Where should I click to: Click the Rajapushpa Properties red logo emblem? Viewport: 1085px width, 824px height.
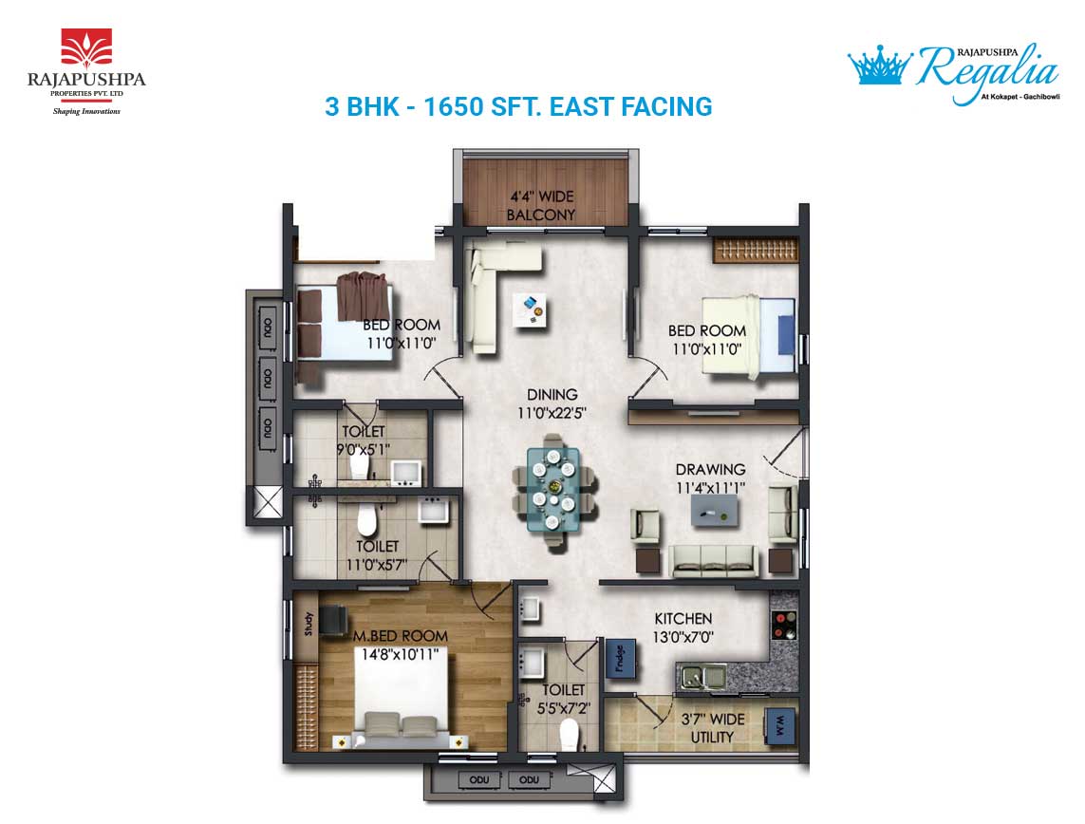(86, 47)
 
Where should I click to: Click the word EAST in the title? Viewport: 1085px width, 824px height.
(582, 106)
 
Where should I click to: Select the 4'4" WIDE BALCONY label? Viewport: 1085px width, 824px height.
(541, 205)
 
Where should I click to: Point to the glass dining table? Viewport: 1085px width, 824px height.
(553, 489)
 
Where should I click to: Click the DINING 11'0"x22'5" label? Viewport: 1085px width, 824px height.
(552, 404)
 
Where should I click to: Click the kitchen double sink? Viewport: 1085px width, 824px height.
(701, 676)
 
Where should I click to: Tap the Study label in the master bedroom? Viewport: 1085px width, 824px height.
(309, 624)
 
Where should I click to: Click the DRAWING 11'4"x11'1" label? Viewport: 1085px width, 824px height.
(711, 478)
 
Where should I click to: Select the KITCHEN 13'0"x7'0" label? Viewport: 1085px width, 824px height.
(683, 627)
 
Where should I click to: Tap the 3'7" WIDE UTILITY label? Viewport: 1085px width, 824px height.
(713, 728)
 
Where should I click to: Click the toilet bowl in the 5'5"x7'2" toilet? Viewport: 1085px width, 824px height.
(569, 734)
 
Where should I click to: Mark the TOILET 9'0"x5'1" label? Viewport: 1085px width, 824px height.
(364, 440)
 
